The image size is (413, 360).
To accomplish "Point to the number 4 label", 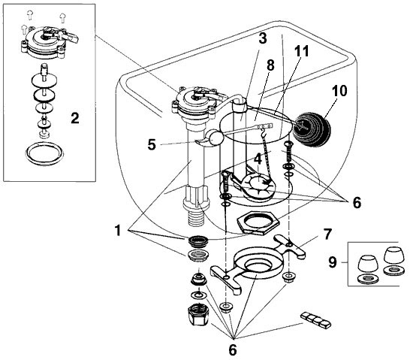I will pos(257,159).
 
